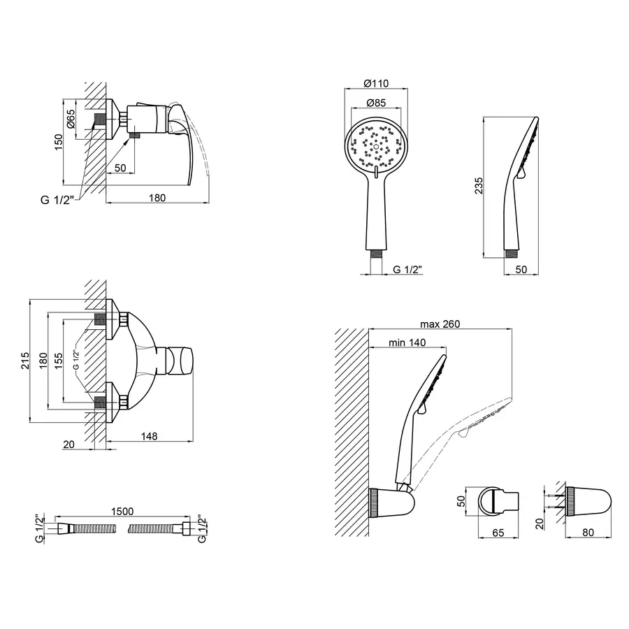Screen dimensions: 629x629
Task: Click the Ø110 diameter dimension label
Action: coord(376,83)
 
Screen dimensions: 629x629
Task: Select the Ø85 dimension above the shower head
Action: coord(376,103)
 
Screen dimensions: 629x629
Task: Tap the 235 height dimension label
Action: coord(479,186)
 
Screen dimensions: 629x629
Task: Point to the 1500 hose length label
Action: coord(122,512)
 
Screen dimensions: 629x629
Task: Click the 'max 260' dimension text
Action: coord(440,324)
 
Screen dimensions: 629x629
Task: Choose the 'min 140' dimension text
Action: coord(407,342)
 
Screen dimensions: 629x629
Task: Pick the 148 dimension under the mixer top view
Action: coord(150,436)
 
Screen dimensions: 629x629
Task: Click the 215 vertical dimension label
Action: coord(25,361)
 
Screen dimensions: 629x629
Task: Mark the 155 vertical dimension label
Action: coord(59,361)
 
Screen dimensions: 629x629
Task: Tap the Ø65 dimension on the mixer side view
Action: coord(71,119)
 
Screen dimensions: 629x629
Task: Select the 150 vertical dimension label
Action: coord(59,143)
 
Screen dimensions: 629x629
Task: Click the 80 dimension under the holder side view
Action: coord(588,533)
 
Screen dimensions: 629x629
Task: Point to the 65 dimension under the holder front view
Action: coord(498,533)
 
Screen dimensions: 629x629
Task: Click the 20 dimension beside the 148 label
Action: coord(68,444)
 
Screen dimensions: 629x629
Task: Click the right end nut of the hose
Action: coord(186,528)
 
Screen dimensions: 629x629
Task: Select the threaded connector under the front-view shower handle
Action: coord(376,255)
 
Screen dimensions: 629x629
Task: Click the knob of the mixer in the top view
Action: coord(180,361)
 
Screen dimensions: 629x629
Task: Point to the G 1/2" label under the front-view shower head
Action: coord(407,270)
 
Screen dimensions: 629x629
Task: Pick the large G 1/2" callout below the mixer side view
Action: coord(57,199)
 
